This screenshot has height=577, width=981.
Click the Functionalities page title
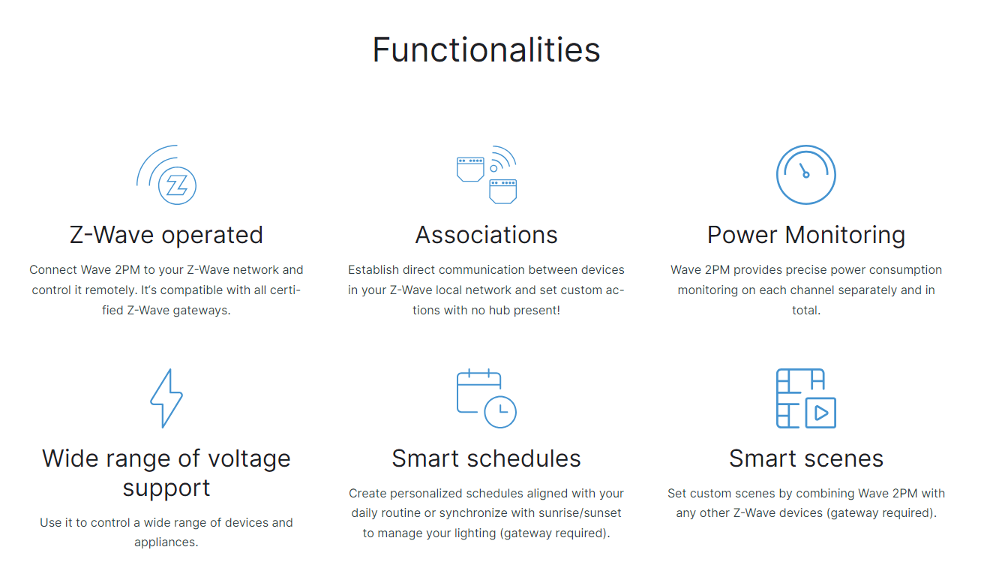[486, 50]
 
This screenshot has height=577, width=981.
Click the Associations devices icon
[487, 174]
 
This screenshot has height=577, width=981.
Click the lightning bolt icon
[166, 398]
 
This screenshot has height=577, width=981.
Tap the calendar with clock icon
[487, 398]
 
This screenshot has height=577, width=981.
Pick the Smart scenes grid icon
[805, 398]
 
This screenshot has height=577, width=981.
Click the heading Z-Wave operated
[166, 235]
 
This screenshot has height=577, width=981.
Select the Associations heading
[487, 235]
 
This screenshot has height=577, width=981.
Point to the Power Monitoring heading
[806, 236]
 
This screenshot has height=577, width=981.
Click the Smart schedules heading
[487, 458]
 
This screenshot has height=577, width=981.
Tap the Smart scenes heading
[806, 458]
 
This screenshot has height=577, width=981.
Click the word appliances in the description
[166, 542]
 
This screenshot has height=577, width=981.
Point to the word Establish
[373, 270]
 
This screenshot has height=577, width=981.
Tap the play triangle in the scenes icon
[821, 413]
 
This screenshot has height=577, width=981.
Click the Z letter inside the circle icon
[177, 186]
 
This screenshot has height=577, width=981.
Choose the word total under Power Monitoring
[805, 311]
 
